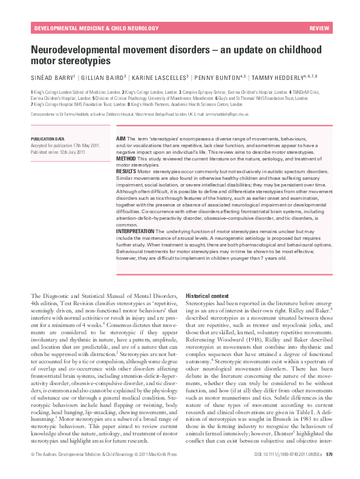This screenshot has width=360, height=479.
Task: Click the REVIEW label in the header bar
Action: coord(319,29)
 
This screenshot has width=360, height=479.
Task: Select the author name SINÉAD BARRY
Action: coord(53,78)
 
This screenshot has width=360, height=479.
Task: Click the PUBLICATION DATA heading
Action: coord(48,139)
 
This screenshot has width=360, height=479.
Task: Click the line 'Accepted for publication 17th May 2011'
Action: coord(65,145)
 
